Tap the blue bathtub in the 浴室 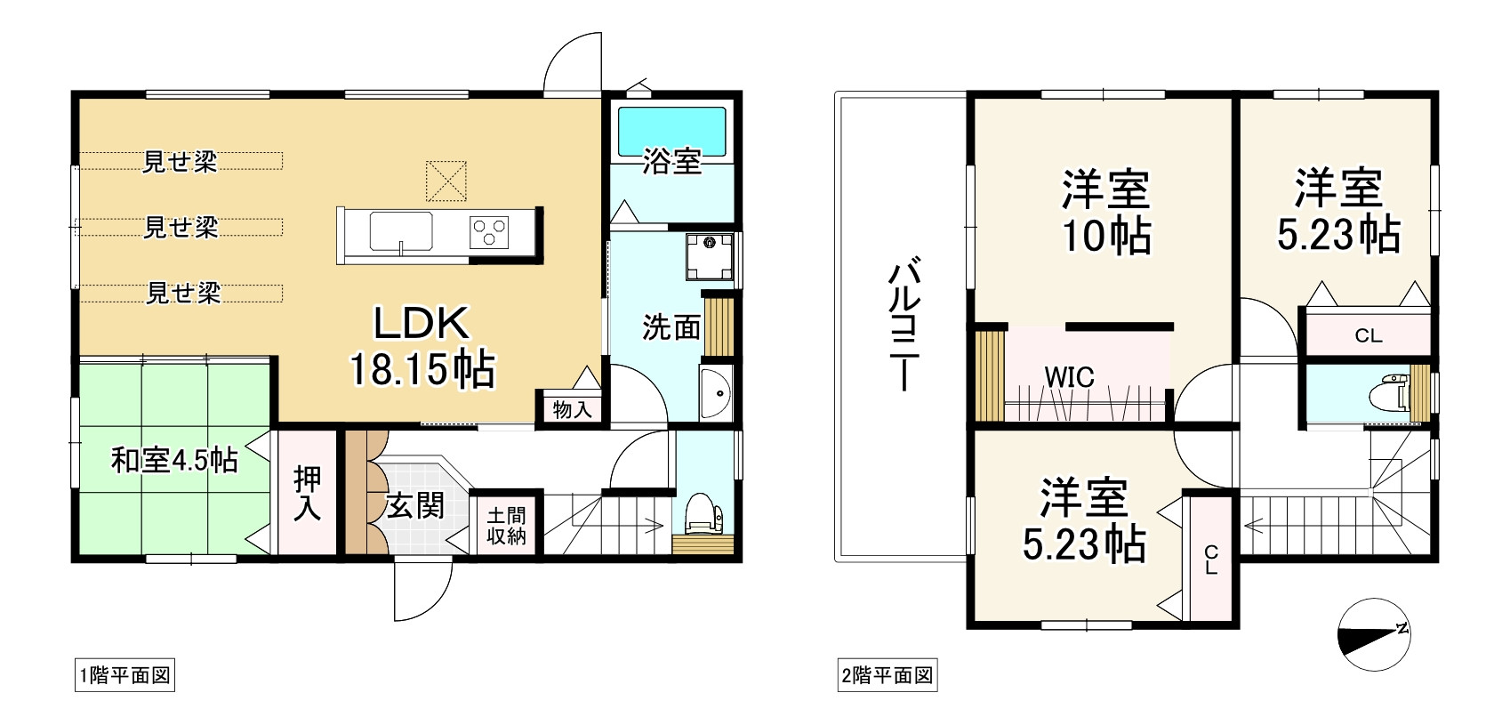pyautogui.click(x=671, y=132)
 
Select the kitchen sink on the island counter pyautogui.click(x=400, y=231)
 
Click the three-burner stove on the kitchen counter pyautogui.click(x=489, y=233)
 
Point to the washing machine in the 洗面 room pyautogui.click(x=709, y=255)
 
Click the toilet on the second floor pyautogui.click(x=1390, y=391)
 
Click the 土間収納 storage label pyautogui.click(x=506, y=526)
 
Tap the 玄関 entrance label pyautogui.click(x=414, y=505)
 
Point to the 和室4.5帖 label pyautogui.click(x=174, y=461)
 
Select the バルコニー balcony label pyautogui.click(x=904, y=323)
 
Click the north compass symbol pyautogui.click(x=1374, y=634)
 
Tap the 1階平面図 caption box pyautogui.click(x=124, y=675)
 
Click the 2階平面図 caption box pyautogui.click(x=888, y=675)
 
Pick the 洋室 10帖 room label pyautogui.click(x=1106, y=213)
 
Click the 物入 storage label pyautogui.click(x=573, y=408)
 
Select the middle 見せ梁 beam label pyautogui.click(x=181, y=227)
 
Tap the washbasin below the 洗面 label pyautogui.click(x=715, y=393)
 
